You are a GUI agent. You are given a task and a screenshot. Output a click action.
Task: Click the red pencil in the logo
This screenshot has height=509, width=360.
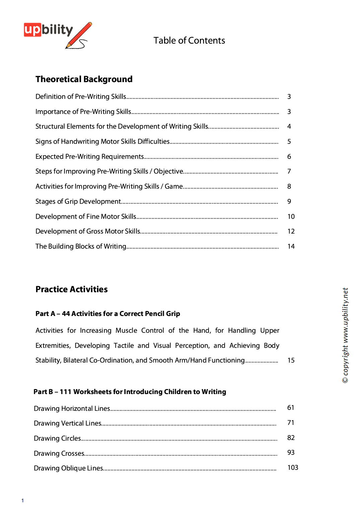click(x=79, y=34)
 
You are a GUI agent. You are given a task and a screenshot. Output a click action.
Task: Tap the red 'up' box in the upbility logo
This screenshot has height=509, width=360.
click(x=32, y=29)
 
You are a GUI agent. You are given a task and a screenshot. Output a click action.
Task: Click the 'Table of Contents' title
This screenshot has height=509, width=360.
click(x=189, y=41)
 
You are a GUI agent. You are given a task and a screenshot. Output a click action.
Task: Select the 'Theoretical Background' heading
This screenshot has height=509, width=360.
click(x=84, y=79)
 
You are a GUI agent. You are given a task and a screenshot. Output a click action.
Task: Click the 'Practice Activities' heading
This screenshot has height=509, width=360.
click(x=72, y=290)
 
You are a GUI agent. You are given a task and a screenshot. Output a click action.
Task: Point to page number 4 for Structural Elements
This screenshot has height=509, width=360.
click(x=289, y=127)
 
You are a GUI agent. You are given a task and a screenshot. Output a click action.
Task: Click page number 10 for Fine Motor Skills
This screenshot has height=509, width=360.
click(x=291, y=217)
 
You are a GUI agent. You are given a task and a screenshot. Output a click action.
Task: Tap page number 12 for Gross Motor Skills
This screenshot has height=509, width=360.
click(x=291, y=232)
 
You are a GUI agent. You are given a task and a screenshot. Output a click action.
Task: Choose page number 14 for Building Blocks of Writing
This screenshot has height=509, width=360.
click(x=291, y=247)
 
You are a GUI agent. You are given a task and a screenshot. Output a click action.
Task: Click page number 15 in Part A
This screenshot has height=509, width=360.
click(x=291, y=361)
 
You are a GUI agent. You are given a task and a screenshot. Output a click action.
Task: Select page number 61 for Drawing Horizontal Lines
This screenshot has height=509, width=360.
click(x=291, y=408)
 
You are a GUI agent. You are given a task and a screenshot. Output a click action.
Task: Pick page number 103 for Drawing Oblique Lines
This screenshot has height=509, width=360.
click(x=293, y=468)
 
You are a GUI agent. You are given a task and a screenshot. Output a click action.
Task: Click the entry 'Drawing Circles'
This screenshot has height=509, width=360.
click(x=58, y=439)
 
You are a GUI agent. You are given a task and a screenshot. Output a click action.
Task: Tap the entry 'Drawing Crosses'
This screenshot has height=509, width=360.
click(x=59, y=454)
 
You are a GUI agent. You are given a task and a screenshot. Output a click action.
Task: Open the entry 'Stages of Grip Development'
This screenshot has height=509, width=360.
click(x=78, y=202)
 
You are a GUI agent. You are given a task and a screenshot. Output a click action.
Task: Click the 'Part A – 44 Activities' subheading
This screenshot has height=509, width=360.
click(x=108, y=314)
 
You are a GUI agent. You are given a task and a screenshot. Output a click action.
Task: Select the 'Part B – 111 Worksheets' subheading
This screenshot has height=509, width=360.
click(x=130, y=392)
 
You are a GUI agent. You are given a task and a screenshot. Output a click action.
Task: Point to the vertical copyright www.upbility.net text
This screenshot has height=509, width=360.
click(x=345, y=335)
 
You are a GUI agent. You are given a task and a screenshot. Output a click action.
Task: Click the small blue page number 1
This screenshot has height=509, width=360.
click(x=23, y=501)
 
